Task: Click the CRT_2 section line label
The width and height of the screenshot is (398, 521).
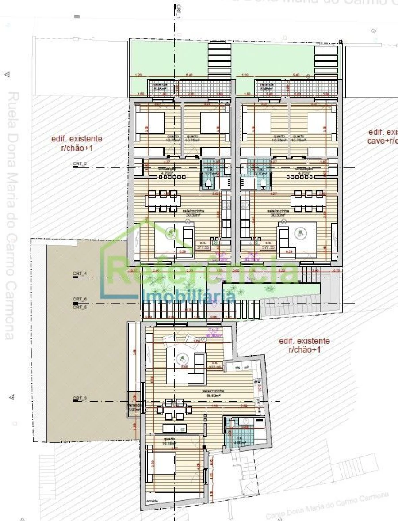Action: tap(80, 164)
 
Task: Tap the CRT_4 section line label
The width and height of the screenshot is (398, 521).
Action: tap(80, 274)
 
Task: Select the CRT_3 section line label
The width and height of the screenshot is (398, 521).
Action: tap(80, 399)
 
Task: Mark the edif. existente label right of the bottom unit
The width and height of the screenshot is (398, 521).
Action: tap(304, 345)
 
